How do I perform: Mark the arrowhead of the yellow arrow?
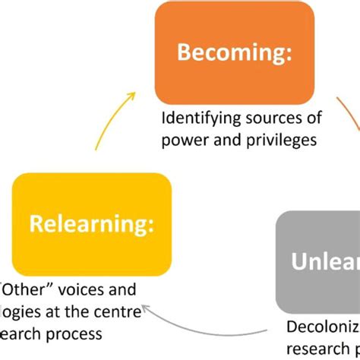coord(132,94)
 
